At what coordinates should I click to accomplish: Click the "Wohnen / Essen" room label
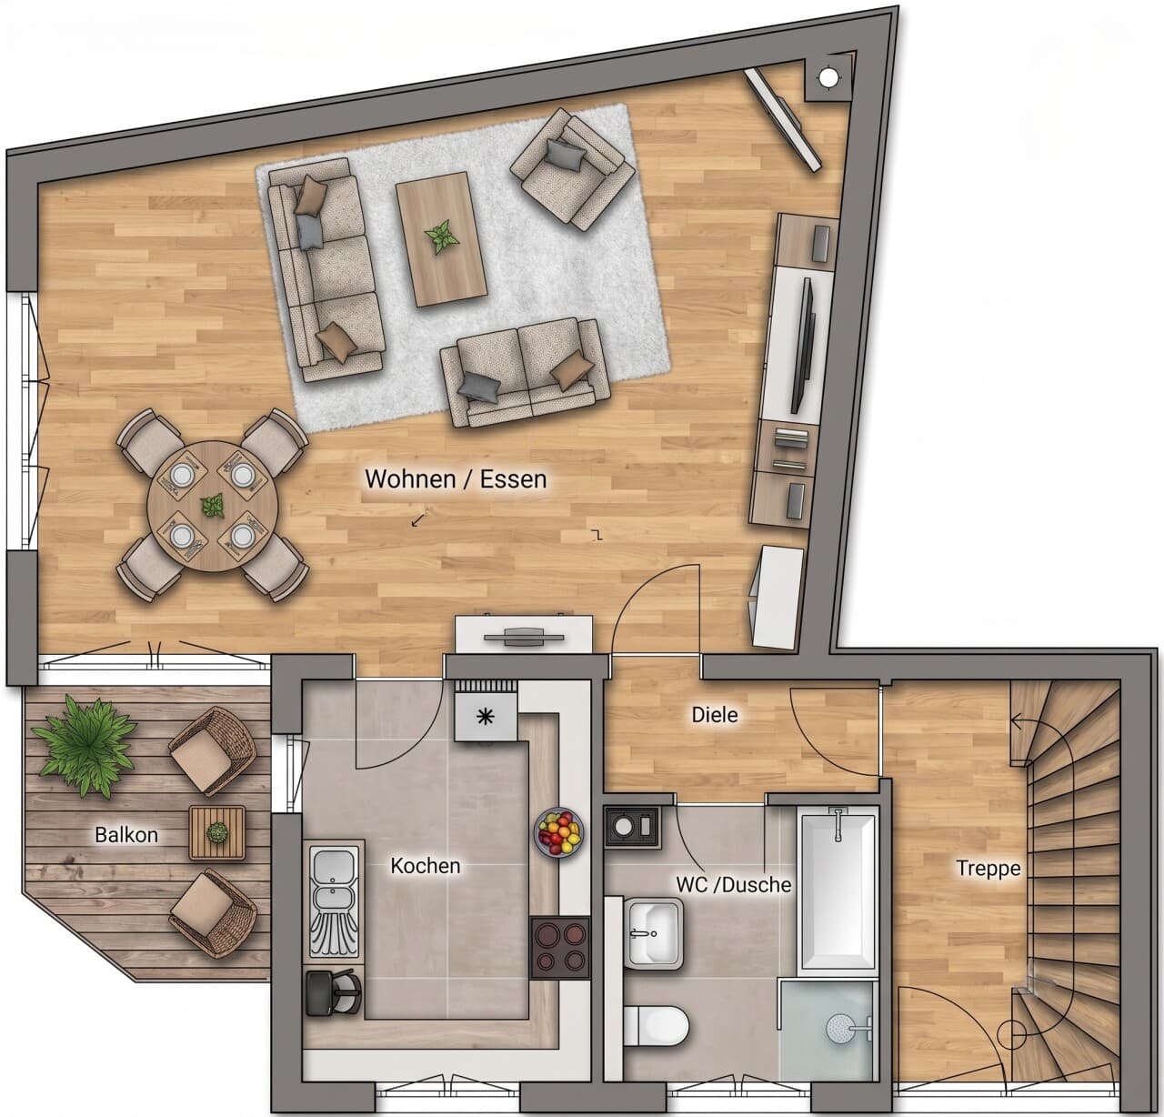coord(456,479)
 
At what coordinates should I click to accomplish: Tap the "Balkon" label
coord(126,835)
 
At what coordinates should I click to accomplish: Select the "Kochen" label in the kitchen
coord(426,866)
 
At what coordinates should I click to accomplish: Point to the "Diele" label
coord(714,714)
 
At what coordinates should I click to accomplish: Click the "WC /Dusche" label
coord(733,885)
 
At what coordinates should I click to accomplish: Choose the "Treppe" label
coord(988,868)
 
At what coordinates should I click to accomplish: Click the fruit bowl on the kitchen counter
coord(558,831)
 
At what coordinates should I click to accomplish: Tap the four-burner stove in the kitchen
coord(560,949)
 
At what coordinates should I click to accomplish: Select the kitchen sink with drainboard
coord(335,901)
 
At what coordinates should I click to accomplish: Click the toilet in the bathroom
coord(657,1026)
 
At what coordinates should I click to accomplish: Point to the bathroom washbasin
coord(654,933)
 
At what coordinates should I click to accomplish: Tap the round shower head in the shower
coord(841,1029)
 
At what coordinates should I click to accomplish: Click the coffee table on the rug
coord(441,239)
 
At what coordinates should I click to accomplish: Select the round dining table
coord(213,507)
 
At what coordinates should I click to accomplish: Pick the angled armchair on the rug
coord(572,169)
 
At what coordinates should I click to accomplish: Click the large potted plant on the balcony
coord(84,746)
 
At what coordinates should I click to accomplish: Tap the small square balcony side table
coord(217,833)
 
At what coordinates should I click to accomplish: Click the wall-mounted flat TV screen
coord(803,346)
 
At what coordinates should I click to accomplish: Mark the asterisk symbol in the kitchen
coord(486,716)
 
